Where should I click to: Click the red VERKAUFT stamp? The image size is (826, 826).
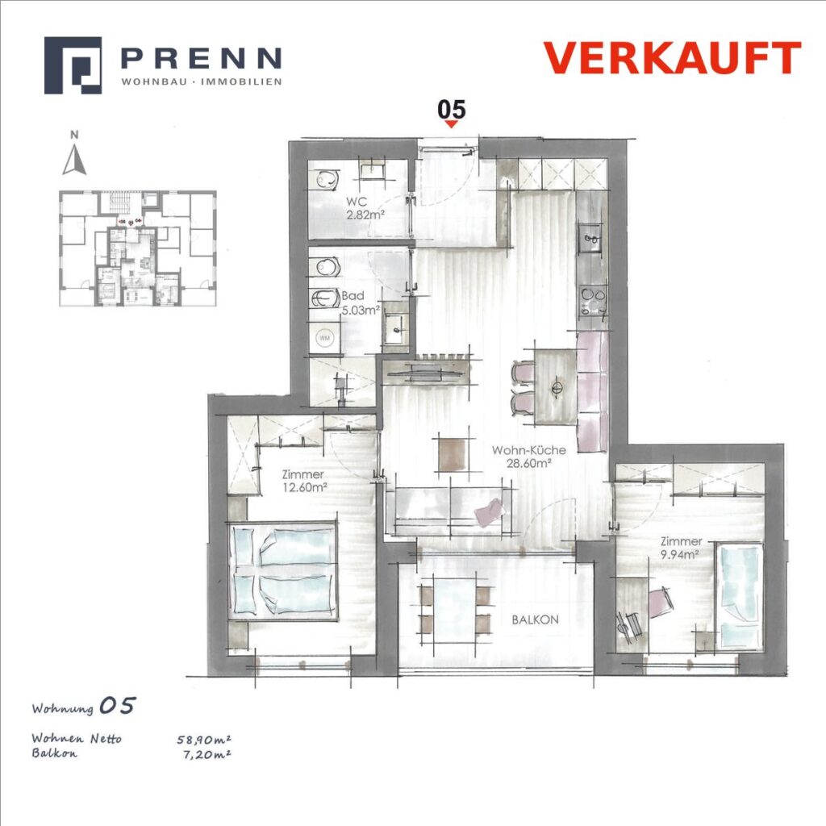[672, 57]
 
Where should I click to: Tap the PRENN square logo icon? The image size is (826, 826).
[73, 65]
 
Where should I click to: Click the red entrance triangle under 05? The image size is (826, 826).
[451, 124]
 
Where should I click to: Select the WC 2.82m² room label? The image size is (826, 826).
[364, 208]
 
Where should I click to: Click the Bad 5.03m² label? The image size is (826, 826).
[360, 303]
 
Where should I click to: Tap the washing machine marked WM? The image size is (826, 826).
[325, 338]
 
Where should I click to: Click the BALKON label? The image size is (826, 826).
[536, 619]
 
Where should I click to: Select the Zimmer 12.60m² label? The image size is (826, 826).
[303, 481]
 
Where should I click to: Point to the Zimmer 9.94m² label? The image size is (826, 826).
[681, 548]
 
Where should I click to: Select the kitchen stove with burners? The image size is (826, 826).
[593, 302]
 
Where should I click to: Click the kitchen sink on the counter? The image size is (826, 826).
[591, 240]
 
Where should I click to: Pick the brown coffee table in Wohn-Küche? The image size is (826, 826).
[453, 455]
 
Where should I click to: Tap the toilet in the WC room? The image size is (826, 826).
[326, 180]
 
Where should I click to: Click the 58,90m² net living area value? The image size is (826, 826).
[204, 740]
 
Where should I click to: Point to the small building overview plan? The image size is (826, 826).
[137, 248]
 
